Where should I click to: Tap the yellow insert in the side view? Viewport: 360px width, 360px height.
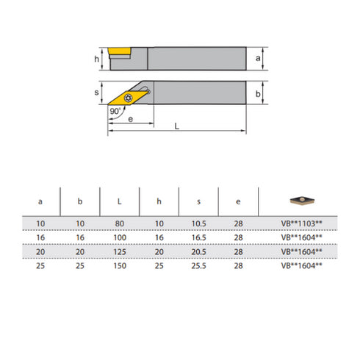(120, 51)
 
